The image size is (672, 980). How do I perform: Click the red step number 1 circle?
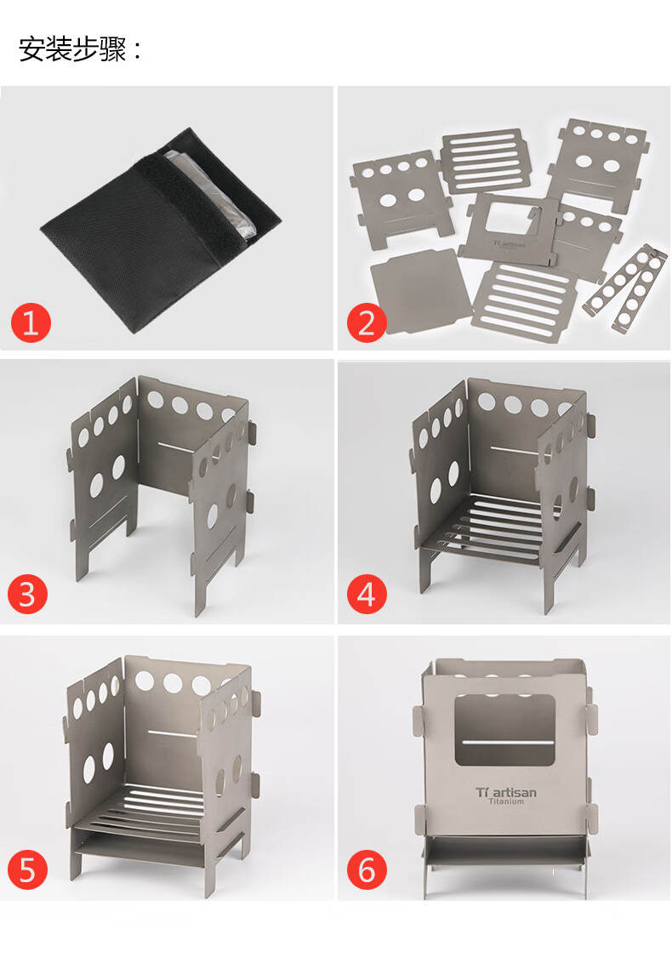pyautogui.click(x=31, y=322)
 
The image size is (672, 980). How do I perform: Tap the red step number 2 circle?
pyautogui.click(x=367, y=322)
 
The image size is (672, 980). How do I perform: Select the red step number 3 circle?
pyautogui.click(x=27, y=594)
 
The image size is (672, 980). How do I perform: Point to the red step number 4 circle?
pyautogui.click(x=367, y=594)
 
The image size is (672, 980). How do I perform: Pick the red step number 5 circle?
pyautogui.click(x=27, y=869)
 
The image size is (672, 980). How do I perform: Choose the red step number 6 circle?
pyautogui.click(x=367, y=869)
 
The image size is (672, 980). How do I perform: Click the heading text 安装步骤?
pyautogui.click(x=72, y=48)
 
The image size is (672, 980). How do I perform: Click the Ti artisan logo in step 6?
pyautogui.click(x=506, y=793)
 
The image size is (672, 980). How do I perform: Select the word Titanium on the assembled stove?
pyautogui.click(x=506, y=801)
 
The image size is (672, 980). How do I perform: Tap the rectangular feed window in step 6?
pyautogui.click(x=504, y=730)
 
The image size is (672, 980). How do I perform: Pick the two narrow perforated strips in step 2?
pyautogui.click(x=625, y=288)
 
